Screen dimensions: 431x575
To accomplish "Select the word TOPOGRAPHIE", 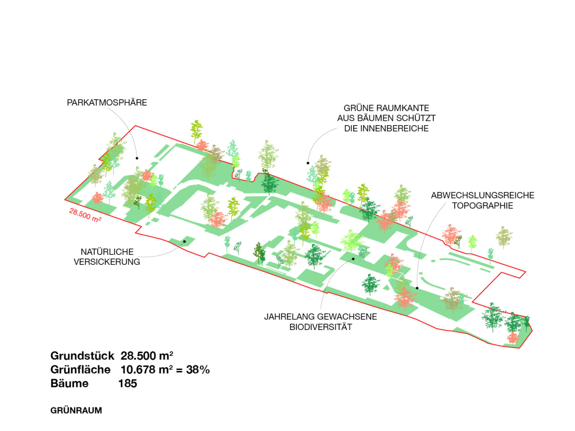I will click(482, 205).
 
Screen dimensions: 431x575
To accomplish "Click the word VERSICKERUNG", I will click(107, 262).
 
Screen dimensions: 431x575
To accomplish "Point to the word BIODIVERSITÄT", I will click(321, 327).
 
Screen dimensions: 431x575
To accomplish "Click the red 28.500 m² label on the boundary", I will click(85, 215).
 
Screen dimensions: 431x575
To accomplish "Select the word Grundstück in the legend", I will click(83, 356).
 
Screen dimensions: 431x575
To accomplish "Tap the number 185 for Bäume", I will click(127, 384).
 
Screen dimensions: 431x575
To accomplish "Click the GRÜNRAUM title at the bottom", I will click(76, 410).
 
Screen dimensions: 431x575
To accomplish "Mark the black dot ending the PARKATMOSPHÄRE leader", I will click(137, 158).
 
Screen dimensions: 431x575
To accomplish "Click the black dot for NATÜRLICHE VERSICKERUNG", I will click(184, 241).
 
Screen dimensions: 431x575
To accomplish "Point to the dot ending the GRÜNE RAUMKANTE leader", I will click(308, 163).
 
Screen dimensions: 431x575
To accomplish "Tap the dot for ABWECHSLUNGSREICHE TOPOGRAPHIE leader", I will click(417, 288).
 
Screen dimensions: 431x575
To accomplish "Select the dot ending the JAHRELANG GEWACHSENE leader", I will click(353, 259).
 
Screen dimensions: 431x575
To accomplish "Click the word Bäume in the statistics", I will click(70, 384).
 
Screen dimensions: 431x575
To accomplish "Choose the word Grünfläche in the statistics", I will click(80, 370).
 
